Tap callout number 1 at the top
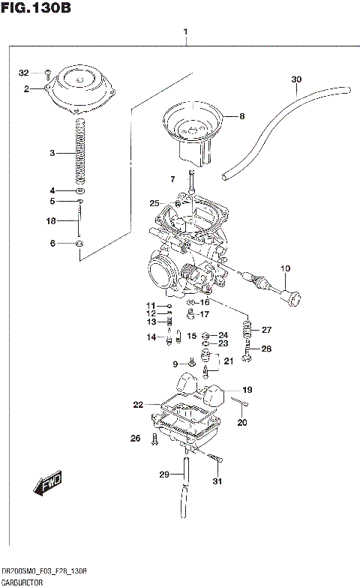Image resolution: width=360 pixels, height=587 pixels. coord(184,32)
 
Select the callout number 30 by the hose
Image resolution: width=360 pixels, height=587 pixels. coord(295,79)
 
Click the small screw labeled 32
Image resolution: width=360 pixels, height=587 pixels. coord(46,73)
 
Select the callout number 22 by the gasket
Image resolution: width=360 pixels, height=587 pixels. coord(137,405)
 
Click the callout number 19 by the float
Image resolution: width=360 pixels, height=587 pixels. coord(247,390)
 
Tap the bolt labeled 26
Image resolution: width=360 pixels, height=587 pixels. coord(154,440)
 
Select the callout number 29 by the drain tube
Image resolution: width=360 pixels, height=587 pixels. coord(164,475)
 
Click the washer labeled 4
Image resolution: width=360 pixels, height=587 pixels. coord(80,190)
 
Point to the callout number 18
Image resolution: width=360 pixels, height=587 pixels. coord(51,221)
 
